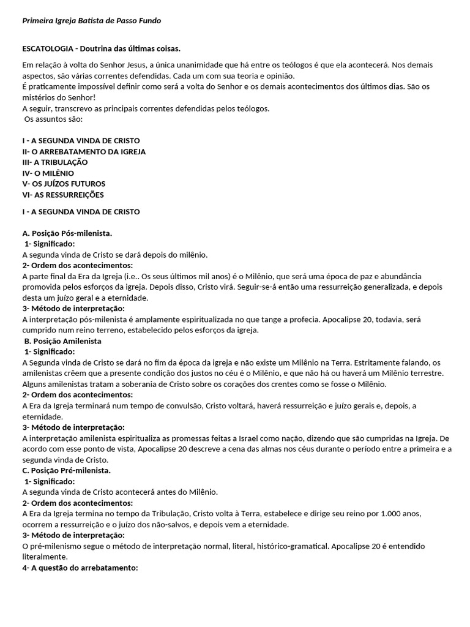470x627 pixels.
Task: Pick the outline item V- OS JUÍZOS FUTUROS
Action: [x=64, y=184]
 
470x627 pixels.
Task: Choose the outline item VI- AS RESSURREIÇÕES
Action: [x=63, y=195]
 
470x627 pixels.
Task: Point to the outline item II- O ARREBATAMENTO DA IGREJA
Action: [x=84, y=151]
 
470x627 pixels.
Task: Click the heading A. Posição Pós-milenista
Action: [x=67, y=233]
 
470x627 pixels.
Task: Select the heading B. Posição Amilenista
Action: [x=63, y=340]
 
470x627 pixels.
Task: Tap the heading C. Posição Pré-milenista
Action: [x=67, y=470]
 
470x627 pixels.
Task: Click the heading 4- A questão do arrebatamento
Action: [x=80, y=568]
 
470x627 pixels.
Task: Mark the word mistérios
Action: [x=39, y=97]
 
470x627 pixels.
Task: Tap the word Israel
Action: [x=263, y=438]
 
